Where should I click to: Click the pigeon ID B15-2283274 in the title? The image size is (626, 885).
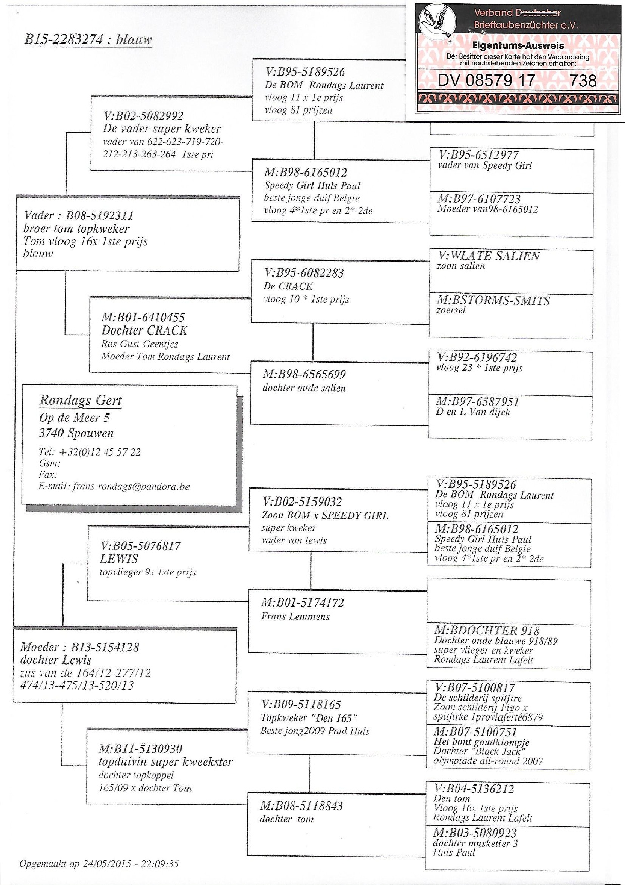pyautogui.click(x=64, y=40)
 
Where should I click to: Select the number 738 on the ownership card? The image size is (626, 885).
pyautogui.click(x=583, y=80)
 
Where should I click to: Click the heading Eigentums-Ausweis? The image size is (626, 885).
pyautogui.click(x=518, y=46)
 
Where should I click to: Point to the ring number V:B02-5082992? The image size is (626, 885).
pyautogui.click(x=143, y=116)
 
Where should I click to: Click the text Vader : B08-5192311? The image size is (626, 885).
pyautogui.click(x=78, y=215)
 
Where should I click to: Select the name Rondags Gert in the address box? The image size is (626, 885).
pyautogui.click(x=81, y=400)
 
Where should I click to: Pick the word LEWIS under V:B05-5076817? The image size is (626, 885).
pyautogui.click(x=119, y=559)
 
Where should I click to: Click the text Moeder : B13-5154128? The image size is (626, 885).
pyautogui.click(x=79, y=647)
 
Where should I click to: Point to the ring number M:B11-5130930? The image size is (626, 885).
pyautogui.click(x=140, y=749)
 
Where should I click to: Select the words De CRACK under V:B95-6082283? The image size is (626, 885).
pyautogui.click(x=288, y=286)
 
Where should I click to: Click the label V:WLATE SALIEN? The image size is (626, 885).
pyautogui.click(x=488, y=256)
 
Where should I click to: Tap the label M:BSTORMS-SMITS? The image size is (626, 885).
pyautogui.click(x=492, y=301)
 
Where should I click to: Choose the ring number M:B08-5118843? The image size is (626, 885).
pyautogui.click(x=301, y=806)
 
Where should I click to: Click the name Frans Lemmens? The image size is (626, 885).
pyautogui.click(x=295, y=616)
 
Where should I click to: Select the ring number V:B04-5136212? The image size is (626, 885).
pyautogui.click(x=474, y=788)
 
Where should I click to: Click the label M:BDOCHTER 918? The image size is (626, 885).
pyautogui.click(x=486, y=630)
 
